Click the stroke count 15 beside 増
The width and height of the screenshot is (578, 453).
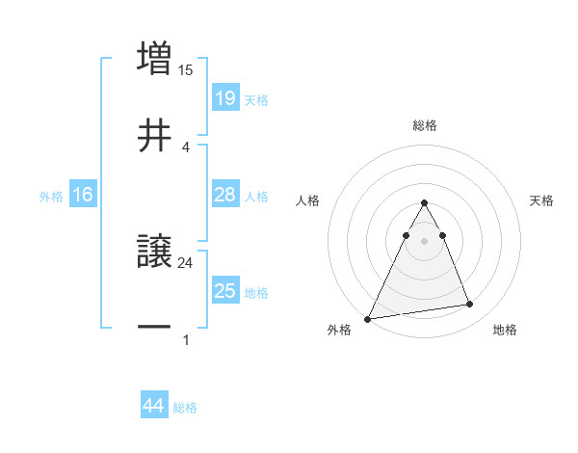(x=186, y=69)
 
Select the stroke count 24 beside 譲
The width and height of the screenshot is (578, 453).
(x=186, y=261)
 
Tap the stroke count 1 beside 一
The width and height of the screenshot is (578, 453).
(x=186, y=338)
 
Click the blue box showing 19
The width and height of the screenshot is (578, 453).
(x=224, y=98)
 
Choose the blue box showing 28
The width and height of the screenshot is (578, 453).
(x=224, y=195)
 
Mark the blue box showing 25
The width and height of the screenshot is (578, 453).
(x=224, y=291)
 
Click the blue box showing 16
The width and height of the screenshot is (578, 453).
(x=82, y=195)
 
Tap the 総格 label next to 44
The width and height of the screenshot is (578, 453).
(x=185, y=408)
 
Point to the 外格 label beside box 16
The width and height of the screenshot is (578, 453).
(x=51, y=197)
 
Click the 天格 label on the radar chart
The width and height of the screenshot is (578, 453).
(x=542, y=200)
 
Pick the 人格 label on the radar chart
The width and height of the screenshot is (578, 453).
(x=307, y=200)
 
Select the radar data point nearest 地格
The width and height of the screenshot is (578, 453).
(x=469, y=305)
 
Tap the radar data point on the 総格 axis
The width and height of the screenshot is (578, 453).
(x=424, y=203)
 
